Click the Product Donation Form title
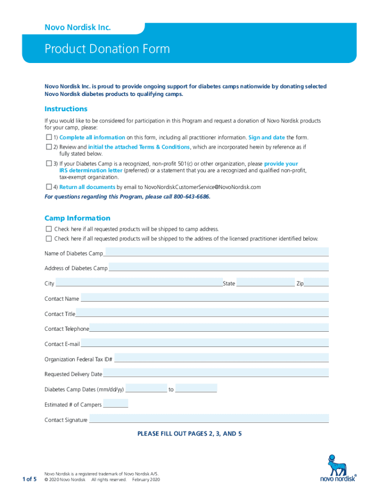tap(107, 49)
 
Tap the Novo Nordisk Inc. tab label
tap(77, 28)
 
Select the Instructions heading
tap(66, 109)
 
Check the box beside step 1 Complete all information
tap(49, 137)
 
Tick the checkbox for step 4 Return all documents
tap(49, 187)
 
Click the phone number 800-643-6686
tap(191, 196)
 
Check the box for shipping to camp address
tap(49, 229)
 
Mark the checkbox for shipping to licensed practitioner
tap(49, 239)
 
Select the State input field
tap(265, 283)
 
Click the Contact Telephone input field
tap(209, 328)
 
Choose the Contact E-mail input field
tap(204, 344)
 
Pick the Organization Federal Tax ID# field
tap(221, 359)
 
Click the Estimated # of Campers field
tap(115, 404)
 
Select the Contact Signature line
tap(209, 419)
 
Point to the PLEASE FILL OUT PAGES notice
tap(189, 434)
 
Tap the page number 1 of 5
tap(29, 479)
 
